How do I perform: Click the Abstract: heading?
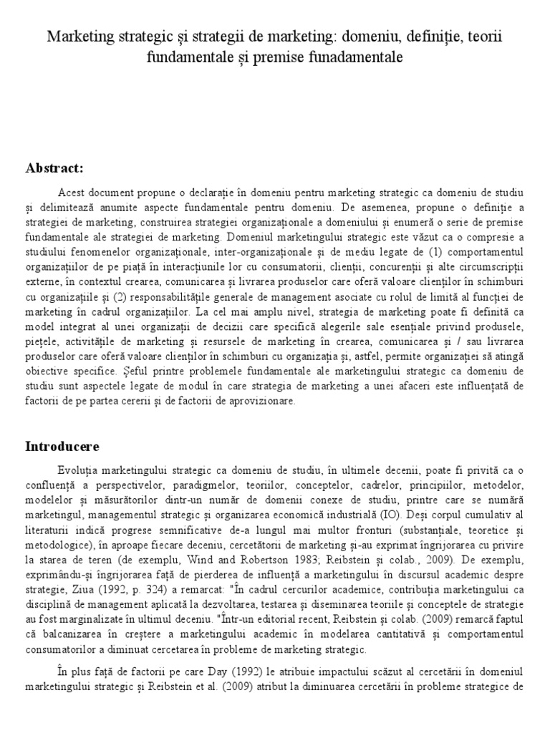tap(54, 168)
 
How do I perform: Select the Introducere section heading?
tap(62, 446)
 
